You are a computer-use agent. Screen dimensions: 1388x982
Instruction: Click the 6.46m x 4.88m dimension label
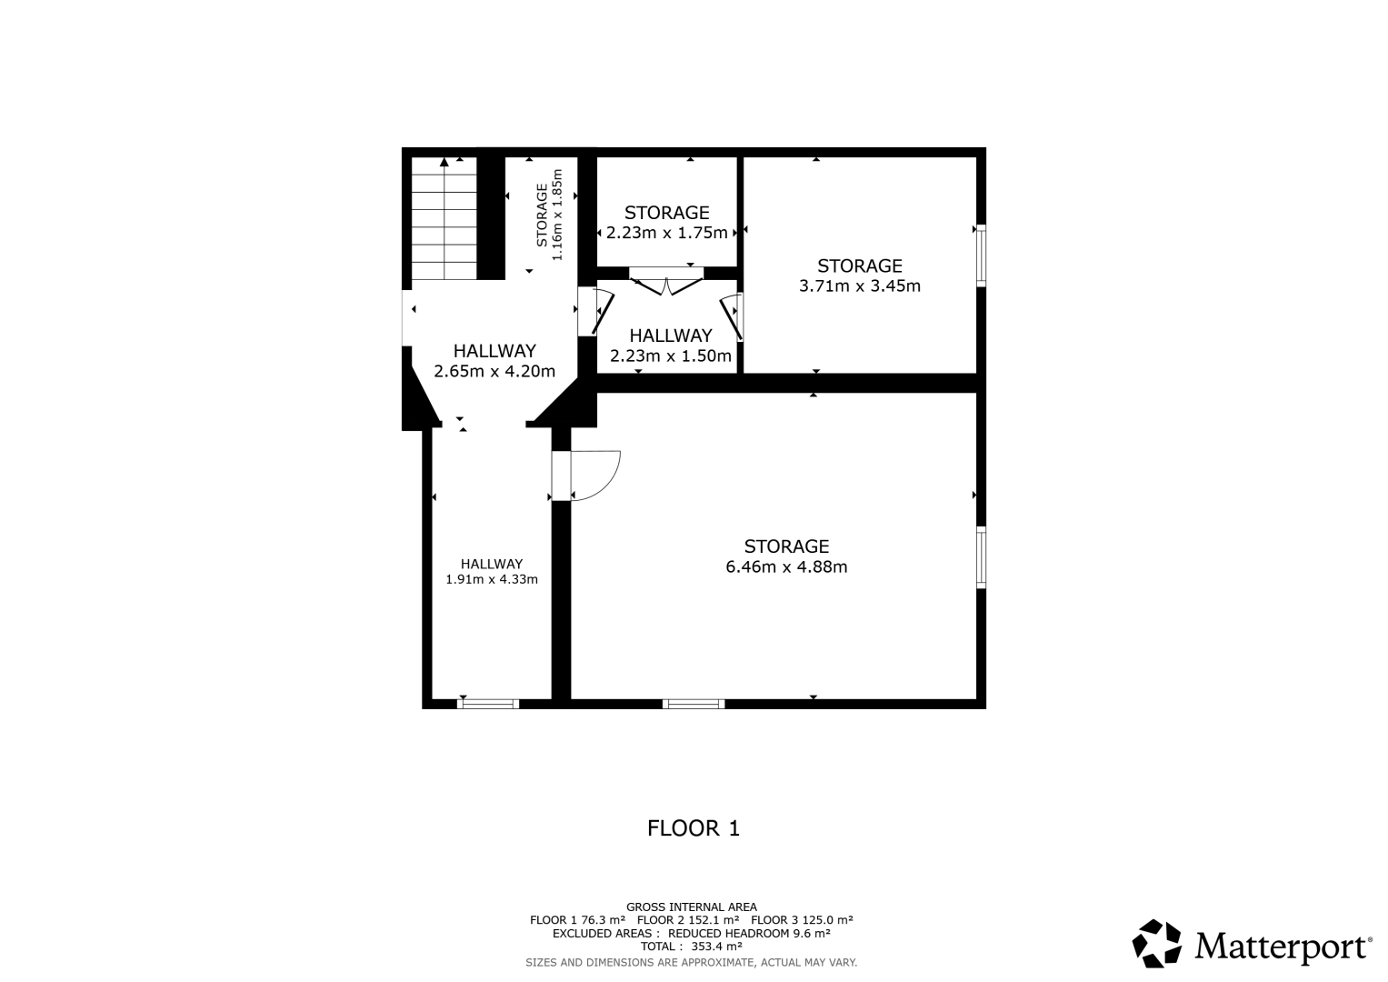click(x=786, y=567)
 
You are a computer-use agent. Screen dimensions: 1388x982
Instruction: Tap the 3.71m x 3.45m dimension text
click(x=860, y=286)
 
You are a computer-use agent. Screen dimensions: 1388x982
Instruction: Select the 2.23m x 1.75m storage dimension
click(x=667, y=233)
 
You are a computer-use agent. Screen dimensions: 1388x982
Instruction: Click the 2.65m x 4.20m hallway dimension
click(x=494, y=371)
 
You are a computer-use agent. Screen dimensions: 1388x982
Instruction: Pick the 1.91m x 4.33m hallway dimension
click(x=492, y=580)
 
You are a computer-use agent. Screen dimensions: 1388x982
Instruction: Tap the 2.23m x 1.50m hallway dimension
click(x=671, y=356)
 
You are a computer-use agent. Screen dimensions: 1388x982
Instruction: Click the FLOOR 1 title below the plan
click(x=694, y=828)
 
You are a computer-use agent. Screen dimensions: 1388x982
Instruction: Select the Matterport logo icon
click(x=1156, y=944)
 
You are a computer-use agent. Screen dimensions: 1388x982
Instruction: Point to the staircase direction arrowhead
click(x=444, y=163)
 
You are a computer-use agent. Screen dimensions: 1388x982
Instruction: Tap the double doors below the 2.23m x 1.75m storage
click(x=666, y=286)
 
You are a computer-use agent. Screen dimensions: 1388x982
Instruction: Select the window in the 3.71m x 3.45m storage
click(x=981, y=256)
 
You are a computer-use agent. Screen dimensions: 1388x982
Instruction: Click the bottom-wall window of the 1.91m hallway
click(x=488, y=704)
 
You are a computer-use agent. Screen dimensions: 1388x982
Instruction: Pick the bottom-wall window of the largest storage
click(x=694, y=704)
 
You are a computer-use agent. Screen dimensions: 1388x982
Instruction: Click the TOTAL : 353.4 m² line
click(x=692, y=946)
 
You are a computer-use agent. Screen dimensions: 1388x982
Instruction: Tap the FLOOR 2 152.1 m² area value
click(x=688, y=920)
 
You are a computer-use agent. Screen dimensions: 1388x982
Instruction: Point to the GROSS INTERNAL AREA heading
click(x=692, y=907)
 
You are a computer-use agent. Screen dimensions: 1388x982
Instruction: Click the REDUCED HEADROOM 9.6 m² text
click(x=749, y=933)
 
